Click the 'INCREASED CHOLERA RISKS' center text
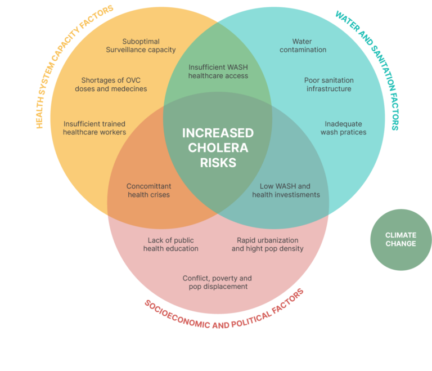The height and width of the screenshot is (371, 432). click(218, 148)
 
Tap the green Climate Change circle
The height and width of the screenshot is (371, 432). click(400, 240)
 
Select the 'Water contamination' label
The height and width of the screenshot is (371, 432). click(301, 46)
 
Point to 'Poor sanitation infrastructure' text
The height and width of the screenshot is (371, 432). click(328, 84)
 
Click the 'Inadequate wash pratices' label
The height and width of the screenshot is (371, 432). click(343, 128)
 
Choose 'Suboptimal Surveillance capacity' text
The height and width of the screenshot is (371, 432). click(141, 46)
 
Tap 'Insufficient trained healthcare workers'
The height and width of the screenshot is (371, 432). click(94, 128)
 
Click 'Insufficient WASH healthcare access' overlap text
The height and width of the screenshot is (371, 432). click(218, 71)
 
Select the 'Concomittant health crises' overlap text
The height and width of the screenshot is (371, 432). click(148, 190)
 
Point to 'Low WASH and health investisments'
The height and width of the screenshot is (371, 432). click(286, 190)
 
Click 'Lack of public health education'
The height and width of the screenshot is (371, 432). click(170, 244)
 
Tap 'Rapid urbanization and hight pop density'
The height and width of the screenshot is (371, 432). click(267, 244)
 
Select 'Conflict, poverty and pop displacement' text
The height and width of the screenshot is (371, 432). click(217, 282)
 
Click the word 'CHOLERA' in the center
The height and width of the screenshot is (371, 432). click(218, 148)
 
